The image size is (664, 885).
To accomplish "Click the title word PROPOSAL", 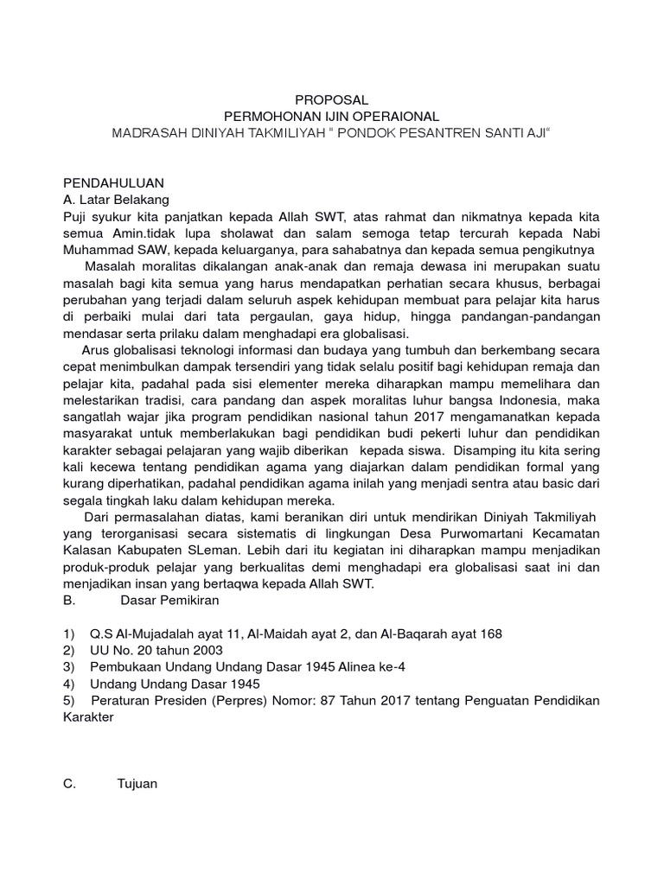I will pos(332,99).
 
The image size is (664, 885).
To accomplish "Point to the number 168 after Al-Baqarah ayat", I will pos(491,634).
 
